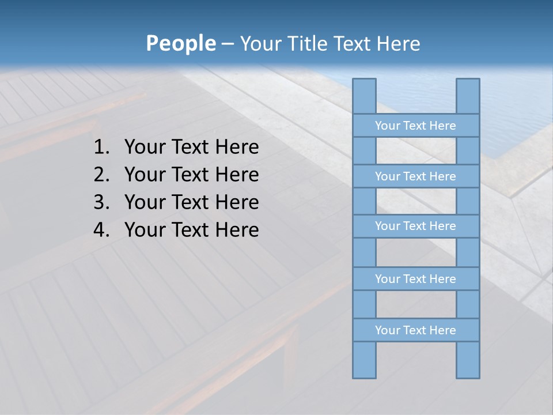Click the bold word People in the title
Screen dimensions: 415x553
tap(180, 43)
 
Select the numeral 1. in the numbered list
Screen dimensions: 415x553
tap(101, 148)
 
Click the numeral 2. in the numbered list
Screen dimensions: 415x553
tap(101, 175)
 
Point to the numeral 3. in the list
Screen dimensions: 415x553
tap(101, 202)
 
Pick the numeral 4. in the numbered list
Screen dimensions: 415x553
tap(101, 230)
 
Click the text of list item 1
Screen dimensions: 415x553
tap(191, 148)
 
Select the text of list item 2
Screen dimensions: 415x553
tap(191, 175)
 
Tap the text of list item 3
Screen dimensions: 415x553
tap(191, 202)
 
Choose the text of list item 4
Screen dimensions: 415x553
tap(191, 230)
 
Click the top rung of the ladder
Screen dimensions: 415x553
tap(415, 126)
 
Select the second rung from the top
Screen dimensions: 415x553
tap(415, 176)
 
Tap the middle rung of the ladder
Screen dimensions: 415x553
tap(415, 226)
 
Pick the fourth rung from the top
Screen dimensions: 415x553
tap(415, 279)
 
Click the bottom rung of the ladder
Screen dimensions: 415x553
tap(415, 330)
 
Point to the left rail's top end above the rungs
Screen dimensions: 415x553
tap(364, 96)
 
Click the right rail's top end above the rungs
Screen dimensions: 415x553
tap(468, 96)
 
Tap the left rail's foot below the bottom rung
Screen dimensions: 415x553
tap(364, 360)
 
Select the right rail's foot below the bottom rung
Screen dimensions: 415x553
tap(468, 360)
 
